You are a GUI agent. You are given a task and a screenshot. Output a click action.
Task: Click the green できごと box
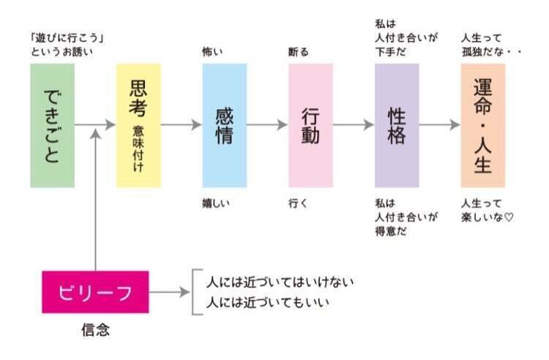(x=52, y=125)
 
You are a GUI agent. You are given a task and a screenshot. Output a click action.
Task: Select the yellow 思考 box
(x=138, y=125)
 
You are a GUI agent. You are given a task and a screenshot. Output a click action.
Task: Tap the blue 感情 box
(x=225, y=125)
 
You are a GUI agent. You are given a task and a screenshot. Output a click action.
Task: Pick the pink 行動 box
(x=310, y=125)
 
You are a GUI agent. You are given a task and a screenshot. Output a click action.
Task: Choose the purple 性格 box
(x=397, y=125)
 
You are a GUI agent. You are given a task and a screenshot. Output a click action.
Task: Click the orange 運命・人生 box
(x=483, y=125)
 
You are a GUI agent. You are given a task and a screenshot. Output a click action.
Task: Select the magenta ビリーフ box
(x=95, y=292)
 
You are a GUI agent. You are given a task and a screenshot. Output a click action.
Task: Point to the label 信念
(x=96, y=329)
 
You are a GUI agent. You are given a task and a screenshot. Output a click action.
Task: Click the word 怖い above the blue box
(x=212, y=52)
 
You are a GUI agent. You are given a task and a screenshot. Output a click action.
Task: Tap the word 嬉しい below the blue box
(x=216, y=203)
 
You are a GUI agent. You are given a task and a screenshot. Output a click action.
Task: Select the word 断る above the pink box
(x=299, y=52)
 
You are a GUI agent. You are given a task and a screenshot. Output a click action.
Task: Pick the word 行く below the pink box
(x=298, y=203)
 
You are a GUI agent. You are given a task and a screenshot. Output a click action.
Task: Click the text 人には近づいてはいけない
(x=280, y=282)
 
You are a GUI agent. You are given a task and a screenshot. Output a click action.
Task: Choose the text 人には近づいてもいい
(x=268, y=302)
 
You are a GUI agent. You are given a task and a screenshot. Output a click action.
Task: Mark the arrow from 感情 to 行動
(x=267, y=124)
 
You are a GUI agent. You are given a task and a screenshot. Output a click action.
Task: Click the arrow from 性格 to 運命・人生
(x=439, y=124)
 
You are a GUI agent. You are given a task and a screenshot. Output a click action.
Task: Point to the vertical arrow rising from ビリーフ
(x=95, y=200)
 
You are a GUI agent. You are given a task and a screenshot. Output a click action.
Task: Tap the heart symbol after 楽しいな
(x=509, y=217)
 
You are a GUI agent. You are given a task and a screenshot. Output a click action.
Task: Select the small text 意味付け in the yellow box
(x=138, y=149)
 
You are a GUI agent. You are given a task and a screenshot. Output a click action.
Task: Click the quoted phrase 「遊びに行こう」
(x=67, y=38)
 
